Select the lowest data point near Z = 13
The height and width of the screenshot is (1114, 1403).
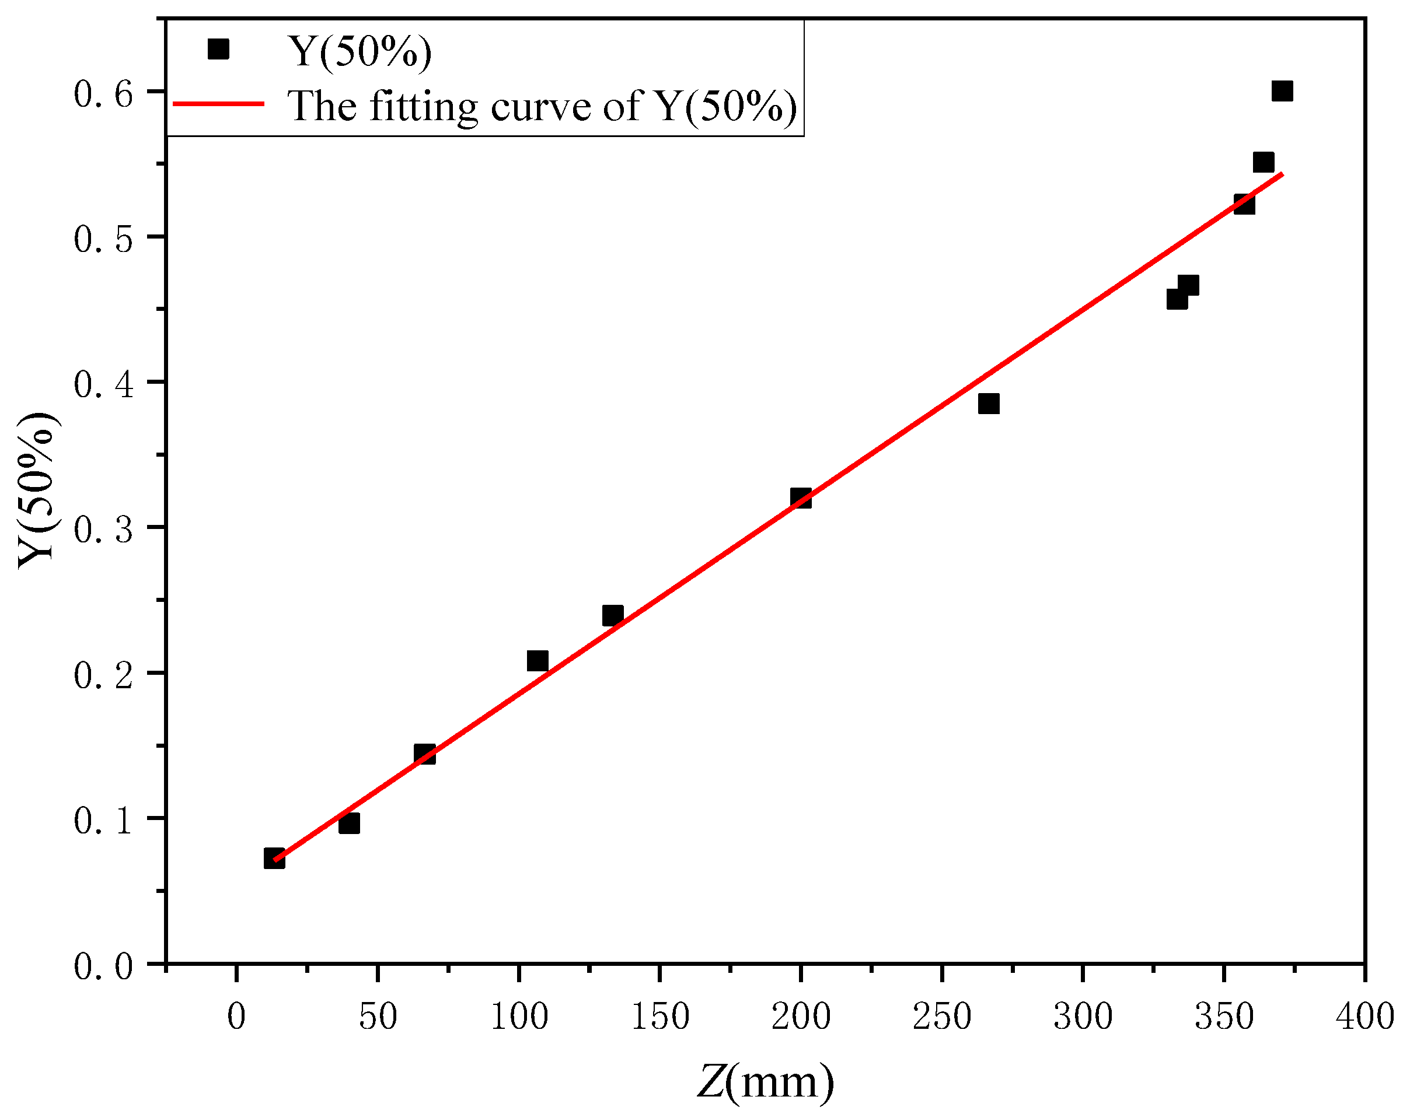274,858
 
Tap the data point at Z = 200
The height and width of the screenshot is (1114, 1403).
800,498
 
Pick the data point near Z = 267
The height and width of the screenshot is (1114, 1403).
989,404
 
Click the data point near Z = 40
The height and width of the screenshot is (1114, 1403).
350,824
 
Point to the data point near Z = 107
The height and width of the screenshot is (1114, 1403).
538,661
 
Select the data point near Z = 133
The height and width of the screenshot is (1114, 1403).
612,615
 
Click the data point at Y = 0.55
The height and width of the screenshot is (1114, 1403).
1263,162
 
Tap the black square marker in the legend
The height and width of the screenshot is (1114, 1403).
218,49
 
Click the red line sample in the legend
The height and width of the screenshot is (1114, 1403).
218,103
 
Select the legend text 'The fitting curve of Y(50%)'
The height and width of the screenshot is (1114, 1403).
542,106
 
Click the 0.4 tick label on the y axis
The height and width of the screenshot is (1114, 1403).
103,384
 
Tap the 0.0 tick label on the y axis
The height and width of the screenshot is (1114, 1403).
103,966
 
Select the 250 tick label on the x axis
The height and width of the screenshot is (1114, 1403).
941,1017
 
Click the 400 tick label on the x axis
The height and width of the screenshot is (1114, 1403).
1364,1017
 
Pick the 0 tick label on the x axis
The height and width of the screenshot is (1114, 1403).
237,1017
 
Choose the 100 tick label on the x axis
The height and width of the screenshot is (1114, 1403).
519,1017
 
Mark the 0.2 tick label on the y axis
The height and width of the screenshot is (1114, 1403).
103,675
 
